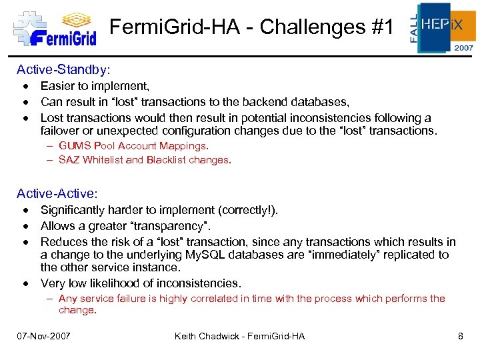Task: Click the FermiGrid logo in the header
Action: pyautogui.click(x=55, y=29)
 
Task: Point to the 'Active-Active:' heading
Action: pyautogui.click(x=57, y=193)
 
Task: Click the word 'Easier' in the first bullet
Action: pyautogui.click(x=57, y=85)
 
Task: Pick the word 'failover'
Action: pyautogui.click(x=61, y=131)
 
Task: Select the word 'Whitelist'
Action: pyautogui.click(x=102, y=160)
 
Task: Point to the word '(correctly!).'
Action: pyautogui.click(x=245, y=210)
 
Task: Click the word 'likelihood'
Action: pyautogui.click(x=121, y=283)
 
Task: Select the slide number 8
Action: pyautogui.click(x=460, y=336)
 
